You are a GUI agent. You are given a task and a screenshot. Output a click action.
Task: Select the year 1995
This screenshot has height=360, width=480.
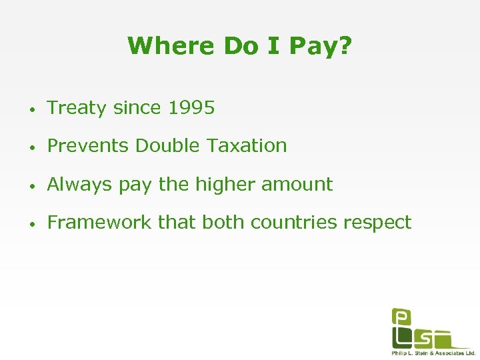tap(191, 108)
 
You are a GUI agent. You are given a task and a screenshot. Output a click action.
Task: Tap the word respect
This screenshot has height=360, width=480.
tap(378, 223)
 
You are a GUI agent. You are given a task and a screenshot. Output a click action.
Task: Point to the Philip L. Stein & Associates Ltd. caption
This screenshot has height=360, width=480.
tap(433, 353)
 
